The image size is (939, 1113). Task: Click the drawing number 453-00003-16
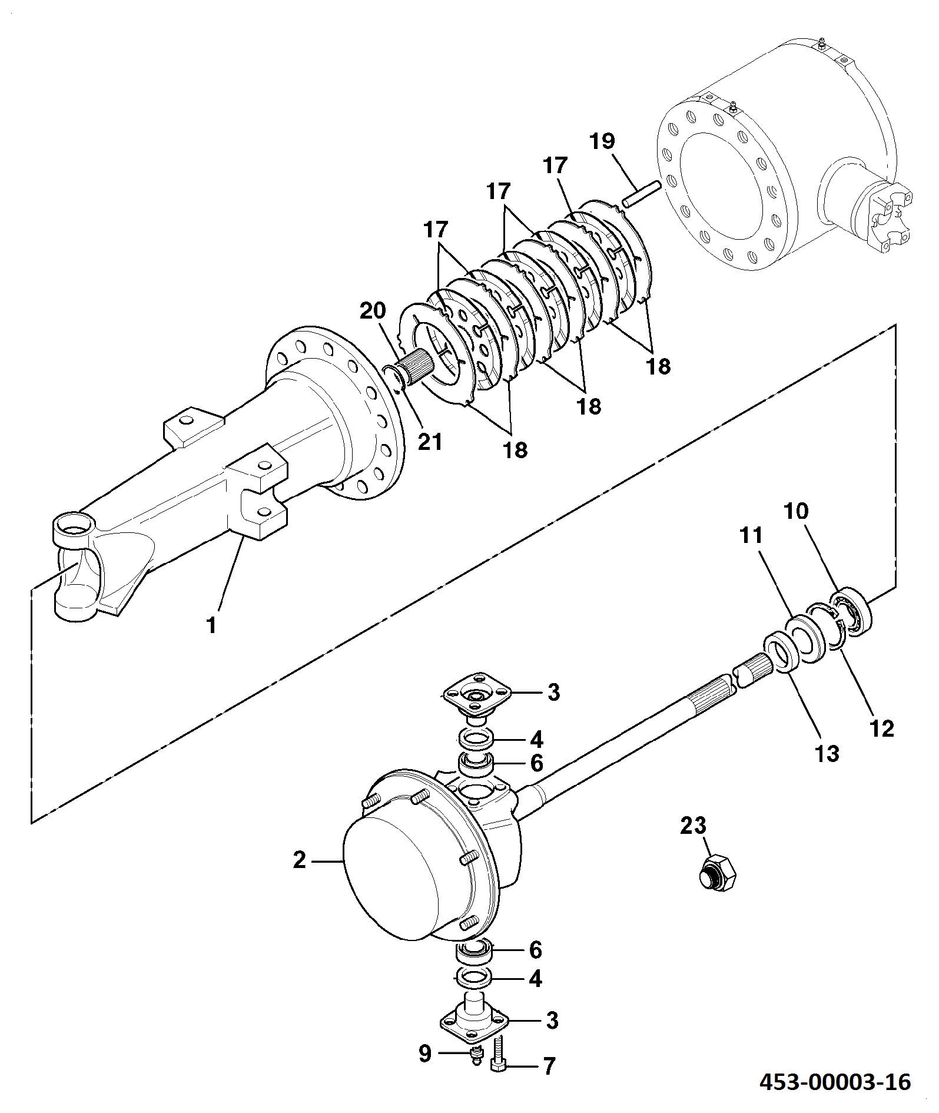(x=835, y=1082)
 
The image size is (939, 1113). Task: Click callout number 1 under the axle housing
(x=211, y=625)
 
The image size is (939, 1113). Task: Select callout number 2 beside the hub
(x=300, y=860)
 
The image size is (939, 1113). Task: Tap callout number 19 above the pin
(x=602, y=141)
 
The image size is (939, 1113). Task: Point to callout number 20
(x=373, y=310)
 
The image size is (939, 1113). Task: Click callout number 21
(x=430, y=441)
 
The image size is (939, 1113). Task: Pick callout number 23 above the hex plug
(x=693, y=826)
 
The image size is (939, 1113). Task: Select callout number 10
(x=796, y=511)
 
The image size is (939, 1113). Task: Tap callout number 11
(x=751, y=535)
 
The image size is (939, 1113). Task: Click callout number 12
(x=882, y=728)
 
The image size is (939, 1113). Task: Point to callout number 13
(x=827, y=753)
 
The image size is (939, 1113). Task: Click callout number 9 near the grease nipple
(x=425, y=1053)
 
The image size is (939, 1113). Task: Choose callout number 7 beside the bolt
(x=549, y=1066)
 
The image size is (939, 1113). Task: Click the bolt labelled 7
(x=498, y=1055)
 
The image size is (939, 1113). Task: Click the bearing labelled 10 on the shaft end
(x=851, y=611)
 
